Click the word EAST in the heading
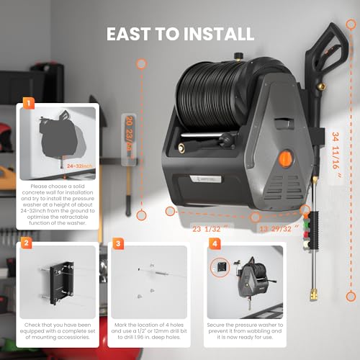click(134, 34)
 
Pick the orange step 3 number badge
click(117, 245)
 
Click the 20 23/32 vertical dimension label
click(127, 132)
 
